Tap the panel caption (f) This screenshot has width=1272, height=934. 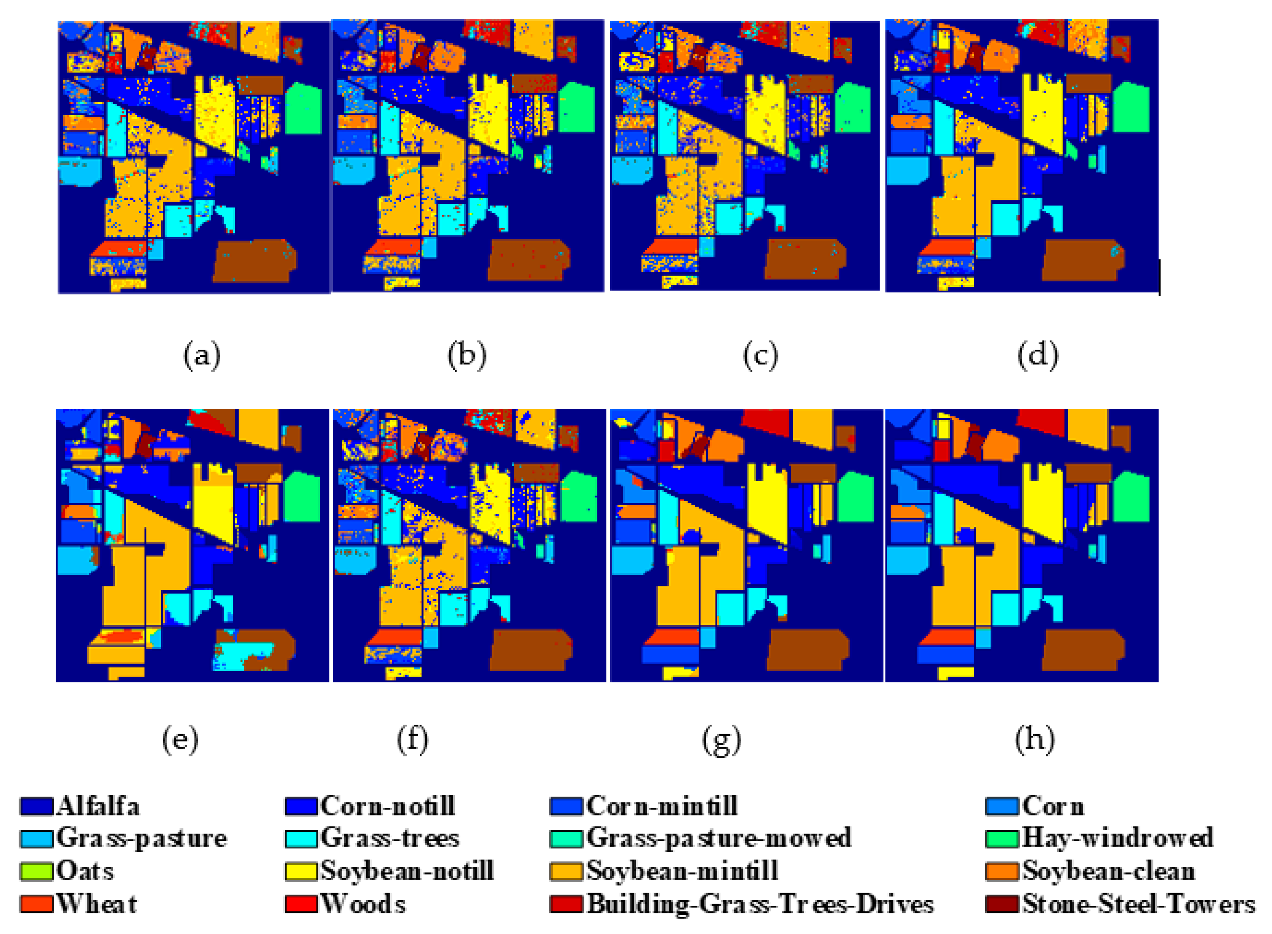pyautogui.click(x=412, y=740)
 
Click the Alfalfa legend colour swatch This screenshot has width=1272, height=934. pyautogui.click(x=36, y=807)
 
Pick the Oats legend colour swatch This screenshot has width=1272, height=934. pyautogui.click(x=36, y=871)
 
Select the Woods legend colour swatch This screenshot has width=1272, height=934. pyautogui.click(x=301, y=904)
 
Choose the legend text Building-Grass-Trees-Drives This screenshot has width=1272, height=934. pyautogui.click(x=760, y=904)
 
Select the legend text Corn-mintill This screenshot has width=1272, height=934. pyautogui.click(x=662, y=807)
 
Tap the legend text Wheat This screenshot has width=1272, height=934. pyautogui.click(x=97, y=904)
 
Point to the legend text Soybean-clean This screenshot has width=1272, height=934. pyautogui.click(x=1108, y=871)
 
